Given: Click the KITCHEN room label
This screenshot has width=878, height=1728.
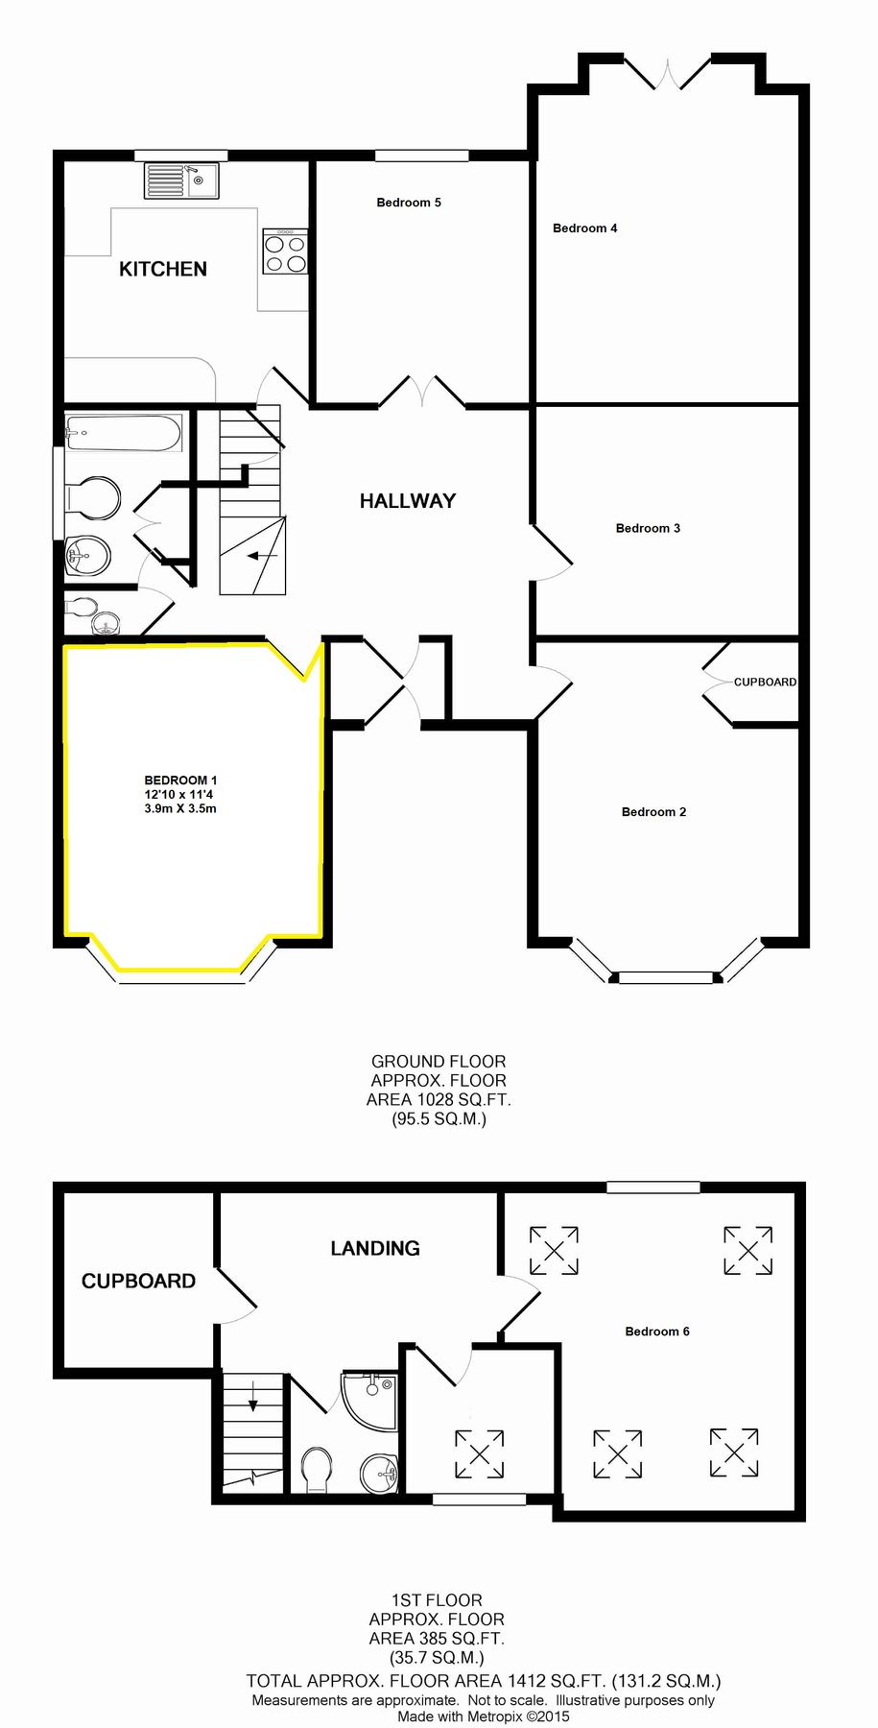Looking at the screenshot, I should (x=163, y=269).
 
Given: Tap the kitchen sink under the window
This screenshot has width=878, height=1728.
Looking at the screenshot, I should (x=181, y=180).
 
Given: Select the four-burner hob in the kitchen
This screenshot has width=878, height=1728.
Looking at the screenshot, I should (x=285, y=252).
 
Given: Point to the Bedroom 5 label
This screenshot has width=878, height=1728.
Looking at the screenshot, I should (x=409, y=203).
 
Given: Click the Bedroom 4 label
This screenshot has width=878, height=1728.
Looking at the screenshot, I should (x=584, y=228).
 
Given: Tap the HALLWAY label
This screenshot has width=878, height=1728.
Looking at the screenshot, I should (x=408, y=500).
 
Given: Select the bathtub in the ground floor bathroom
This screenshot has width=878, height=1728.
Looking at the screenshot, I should (x=123, y=433).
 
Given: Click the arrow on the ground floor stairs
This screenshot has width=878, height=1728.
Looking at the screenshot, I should (x=261, y=556).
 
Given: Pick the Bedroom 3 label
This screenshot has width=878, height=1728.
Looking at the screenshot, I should (x=648, y=528).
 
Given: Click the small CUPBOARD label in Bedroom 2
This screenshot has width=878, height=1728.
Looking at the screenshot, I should (x=765, y=682).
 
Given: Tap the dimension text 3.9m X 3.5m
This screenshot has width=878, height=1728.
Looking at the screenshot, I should (x=180, y=808).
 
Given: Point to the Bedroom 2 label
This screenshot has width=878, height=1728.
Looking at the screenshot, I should (x=653, y=812).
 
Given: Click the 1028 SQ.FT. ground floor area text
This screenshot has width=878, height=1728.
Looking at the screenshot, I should (x=439, y=1099).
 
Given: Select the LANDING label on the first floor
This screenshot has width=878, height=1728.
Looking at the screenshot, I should (x=375, y=1248).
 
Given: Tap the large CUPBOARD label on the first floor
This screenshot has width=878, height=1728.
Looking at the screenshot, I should (x=138, y=1281).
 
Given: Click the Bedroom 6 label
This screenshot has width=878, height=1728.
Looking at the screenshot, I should (x=656, y=1332).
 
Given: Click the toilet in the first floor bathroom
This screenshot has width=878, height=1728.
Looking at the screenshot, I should (x=316, y=1470).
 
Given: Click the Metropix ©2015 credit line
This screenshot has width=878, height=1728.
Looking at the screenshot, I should (x=484, y=1716).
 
